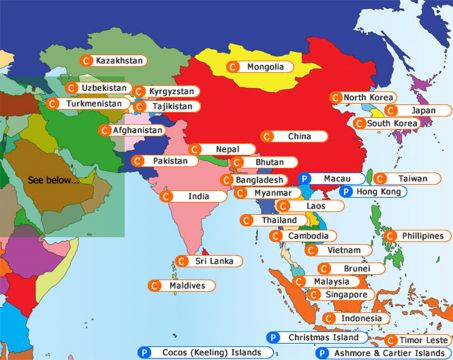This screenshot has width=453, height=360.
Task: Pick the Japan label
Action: pos(424,111)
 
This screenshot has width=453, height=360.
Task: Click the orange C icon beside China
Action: pos(266,136)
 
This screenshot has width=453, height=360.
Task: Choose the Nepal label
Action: pos(227,149)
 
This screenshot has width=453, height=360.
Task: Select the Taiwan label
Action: pos(411,178)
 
